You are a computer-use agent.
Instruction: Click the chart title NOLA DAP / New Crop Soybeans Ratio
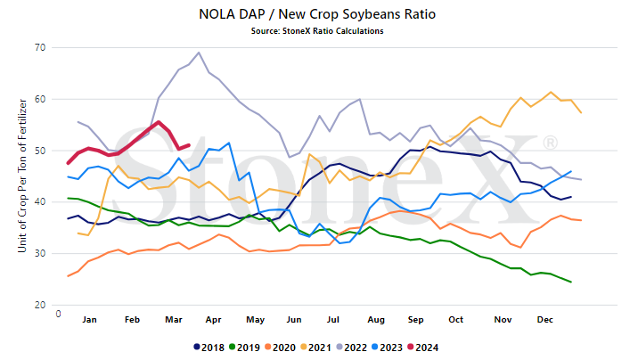click(317, 14)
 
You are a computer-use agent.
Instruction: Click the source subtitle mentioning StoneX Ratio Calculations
click(317, 31)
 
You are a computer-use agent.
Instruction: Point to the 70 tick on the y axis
click(40, 47)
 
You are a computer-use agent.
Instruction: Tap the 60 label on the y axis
click(40, 99)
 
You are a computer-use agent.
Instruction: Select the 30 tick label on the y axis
click(40, 253)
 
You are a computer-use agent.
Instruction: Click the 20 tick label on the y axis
click(40, 305)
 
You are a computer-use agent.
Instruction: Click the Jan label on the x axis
click(89, 320)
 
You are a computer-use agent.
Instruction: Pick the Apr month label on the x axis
click(213, 320)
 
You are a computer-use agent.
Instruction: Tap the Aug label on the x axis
click(376, 320)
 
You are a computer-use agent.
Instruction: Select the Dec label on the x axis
click(544, 320)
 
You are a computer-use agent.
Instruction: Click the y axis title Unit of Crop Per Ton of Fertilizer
click(22, 176)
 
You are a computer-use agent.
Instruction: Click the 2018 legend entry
click(209, 348)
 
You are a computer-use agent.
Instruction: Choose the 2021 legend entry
click(315, 348)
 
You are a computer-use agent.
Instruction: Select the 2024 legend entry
click(423, 348)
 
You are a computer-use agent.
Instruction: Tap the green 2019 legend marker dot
click(232, 348)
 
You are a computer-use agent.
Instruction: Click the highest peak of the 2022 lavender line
click(199, 53)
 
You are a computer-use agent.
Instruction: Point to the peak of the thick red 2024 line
click(159, 122)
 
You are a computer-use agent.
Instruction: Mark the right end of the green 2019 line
click(571, 282)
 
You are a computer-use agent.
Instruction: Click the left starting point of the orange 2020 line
click(68, 276)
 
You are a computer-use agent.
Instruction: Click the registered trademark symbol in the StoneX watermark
click(550, 143)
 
